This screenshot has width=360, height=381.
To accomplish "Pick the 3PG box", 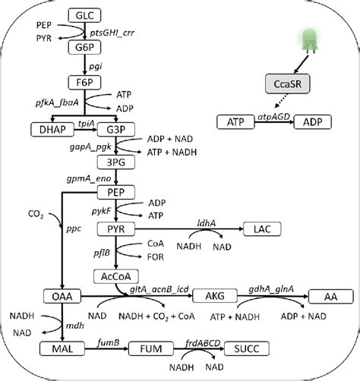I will click(x=115, y=162).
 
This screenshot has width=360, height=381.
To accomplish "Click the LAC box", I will click(x=264, y=228).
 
